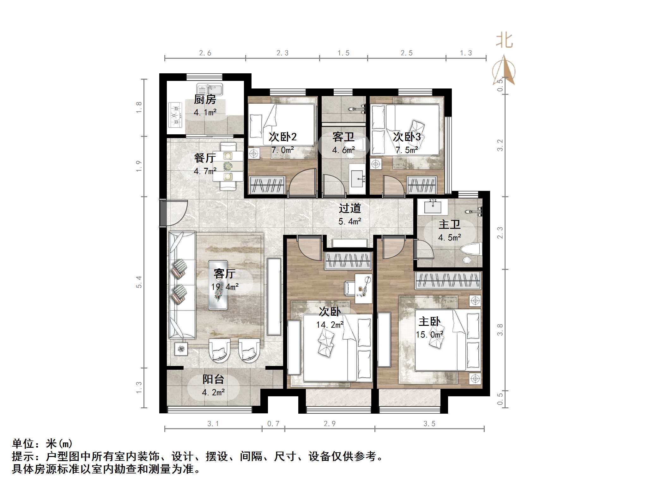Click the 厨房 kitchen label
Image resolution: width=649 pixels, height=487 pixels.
click(x=205, y=100)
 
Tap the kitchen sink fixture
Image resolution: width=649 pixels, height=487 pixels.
click(x=209, y=89)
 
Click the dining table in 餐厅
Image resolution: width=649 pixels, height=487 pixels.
click(x=228, y=166)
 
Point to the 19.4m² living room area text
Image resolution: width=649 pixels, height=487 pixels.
click(x=225, y=287)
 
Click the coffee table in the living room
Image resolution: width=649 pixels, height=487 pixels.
click(x=218, y=285)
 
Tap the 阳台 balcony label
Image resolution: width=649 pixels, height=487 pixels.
click(x=213, y=379)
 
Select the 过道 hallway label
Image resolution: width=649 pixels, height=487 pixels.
click(x=349, y=208)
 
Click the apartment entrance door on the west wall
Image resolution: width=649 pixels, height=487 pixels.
click(x=163, y=213)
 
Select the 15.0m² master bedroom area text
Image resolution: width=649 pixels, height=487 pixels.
click(x=429, y=334)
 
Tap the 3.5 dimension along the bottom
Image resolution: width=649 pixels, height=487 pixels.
click(x=429, y=424)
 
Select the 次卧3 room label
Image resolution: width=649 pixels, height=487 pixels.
click(x=407, y=137)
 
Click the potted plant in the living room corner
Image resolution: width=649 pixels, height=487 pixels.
click(x=181, y=349)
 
